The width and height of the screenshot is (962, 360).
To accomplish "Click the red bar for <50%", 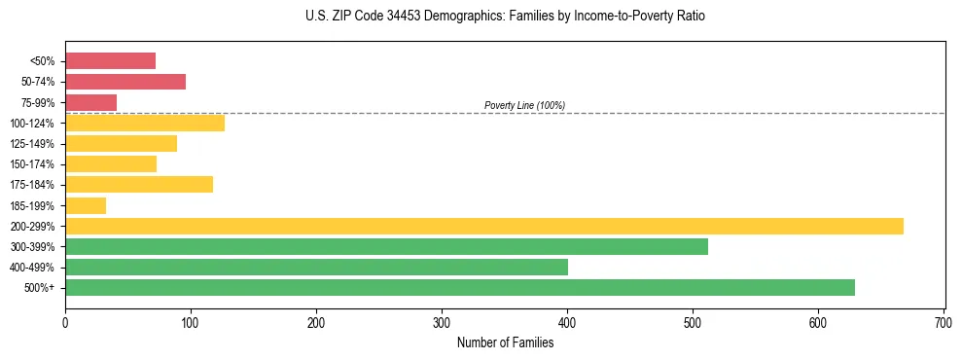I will (110, 61).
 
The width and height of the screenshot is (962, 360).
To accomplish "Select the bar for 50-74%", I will (125, 82).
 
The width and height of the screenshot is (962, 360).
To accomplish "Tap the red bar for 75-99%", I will (90, 102).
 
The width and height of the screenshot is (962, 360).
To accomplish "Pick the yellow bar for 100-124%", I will (145, 123).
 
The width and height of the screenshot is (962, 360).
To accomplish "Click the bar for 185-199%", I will (86, 205).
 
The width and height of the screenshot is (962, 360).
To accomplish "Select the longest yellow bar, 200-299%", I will (483, 226).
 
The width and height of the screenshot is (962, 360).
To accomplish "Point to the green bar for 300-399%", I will (386, 246).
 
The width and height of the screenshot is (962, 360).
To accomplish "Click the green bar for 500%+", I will (459, 287).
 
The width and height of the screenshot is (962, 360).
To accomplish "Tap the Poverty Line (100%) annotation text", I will (524, 105).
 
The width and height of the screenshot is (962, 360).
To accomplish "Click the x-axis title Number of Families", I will (505, 342).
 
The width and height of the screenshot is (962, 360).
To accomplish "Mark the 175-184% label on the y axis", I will (32, 185).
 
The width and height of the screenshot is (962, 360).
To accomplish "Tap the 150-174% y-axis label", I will (32, 164).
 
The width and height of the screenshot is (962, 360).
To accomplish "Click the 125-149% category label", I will (32, 144).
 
